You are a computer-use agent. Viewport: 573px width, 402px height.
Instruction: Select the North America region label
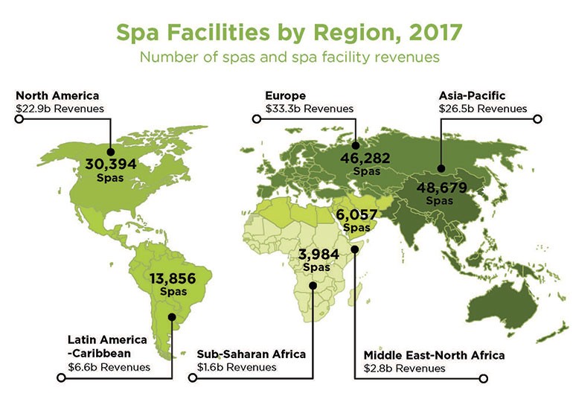(57, 96)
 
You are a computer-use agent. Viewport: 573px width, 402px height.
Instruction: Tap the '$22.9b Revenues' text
(59, 109)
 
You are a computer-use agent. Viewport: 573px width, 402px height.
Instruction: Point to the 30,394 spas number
(111, 165)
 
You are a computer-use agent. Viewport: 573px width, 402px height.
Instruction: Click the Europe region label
(285, 96)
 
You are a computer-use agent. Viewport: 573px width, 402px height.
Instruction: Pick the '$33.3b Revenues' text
(309, 109)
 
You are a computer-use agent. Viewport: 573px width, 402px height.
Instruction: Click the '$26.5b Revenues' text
(483, 109)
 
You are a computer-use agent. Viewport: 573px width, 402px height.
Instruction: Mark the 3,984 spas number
(318, 255)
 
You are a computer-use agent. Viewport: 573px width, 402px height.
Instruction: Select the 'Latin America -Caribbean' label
(106, 347)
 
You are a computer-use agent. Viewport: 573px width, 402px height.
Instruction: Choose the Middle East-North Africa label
(433, 355)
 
